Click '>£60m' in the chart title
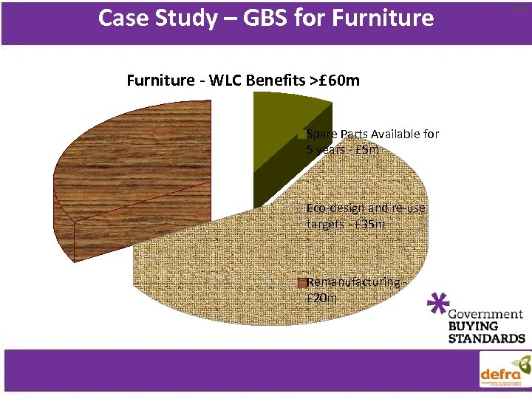(x=335, y=80)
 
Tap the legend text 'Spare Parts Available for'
(x=372, y=134)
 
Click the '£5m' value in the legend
(x=366, y=150)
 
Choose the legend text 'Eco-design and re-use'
(x=366, y=208)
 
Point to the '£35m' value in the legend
(x=369, y=224)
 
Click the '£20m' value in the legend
(x=322, y=299)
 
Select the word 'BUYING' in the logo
(x=474, y=326)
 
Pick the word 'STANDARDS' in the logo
(x=487, y=338)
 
